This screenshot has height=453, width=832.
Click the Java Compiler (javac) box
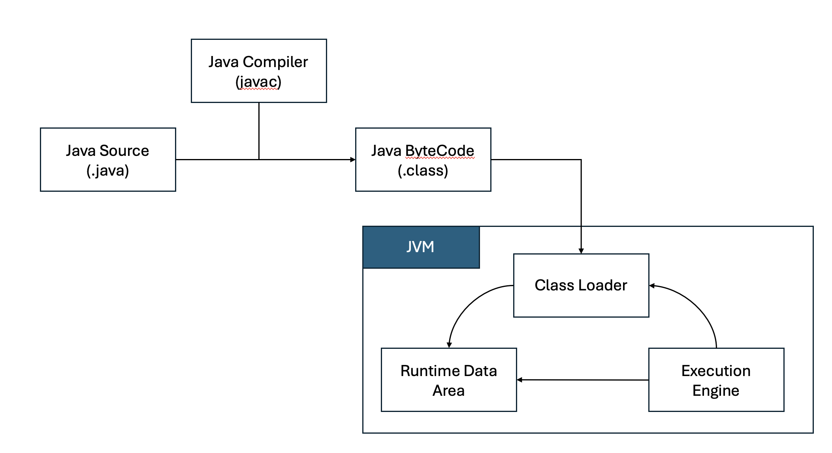tap(259, 71)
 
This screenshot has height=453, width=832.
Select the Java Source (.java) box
tap(108, 160)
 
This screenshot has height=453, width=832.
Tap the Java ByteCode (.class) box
tap(423, 160)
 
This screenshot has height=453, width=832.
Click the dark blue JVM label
tap(421, 247)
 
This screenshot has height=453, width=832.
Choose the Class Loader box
tap(581, 285)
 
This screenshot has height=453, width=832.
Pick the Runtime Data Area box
tap(449, 380)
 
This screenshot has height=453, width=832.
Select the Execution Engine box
tap(716, 380)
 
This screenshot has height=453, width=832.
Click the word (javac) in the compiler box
tap(258, 82)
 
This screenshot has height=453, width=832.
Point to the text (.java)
tap(108, 170)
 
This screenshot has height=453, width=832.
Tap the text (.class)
tap(423, 170)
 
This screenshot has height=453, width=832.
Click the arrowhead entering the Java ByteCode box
tap(353, 160)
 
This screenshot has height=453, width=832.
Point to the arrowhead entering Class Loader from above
tap(581, 251)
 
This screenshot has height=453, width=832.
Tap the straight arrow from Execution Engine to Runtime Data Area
tap(583, 380)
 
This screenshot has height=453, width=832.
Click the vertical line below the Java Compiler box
tap(259, 130)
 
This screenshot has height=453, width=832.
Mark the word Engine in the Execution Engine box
tap(715, 391)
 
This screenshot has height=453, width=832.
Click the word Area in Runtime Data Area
tap(448, 391)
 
